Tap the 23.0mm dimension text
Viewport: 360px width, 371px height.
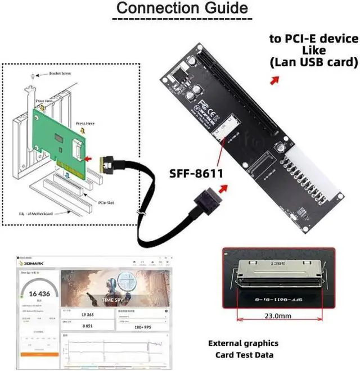[278, 316]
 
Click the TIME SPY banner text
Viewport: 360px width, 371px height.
[114, 300]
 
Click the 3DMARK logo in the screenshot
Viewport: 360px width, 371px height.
[33, 263]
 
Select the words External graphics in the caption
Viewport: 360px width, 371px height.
[243, 343]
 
